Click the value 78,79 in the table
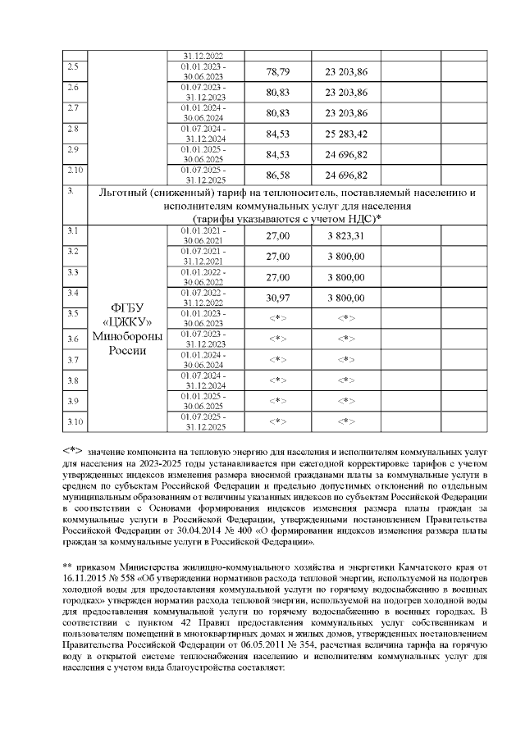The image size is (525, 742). coord(278,71)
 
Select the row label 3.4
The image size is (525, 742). coord(72,293)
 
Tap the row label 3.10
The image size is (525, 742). coord(75,421)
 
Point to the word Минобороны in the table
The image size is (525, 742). coord(128,336)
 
